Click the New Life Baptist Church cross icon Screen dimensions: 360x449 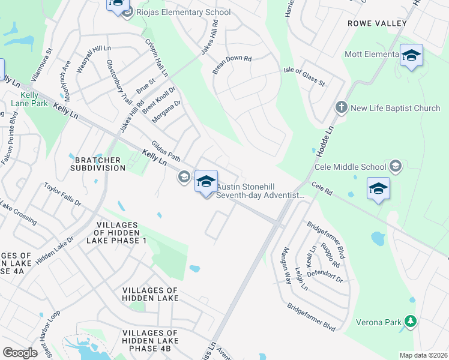[x=341, y=108]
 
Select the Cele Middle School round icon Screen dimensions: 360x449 [x=395, y=166]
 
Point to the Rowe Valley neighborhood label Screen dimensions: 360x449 [x=377, y=23]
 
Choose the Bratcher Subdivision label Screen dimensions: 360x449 [x=100, y=164]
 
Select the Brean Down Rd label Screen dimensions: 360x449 [x=232, y=66]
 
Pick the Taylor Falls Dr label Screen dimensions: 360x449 [x=62, y=195]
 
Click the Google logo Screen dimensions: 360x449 [x=20, y=353]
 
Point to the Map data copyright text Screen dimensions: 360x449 [x=423, y=355]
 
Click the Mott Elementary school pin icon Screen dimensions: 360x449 [x=411, y=56]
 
